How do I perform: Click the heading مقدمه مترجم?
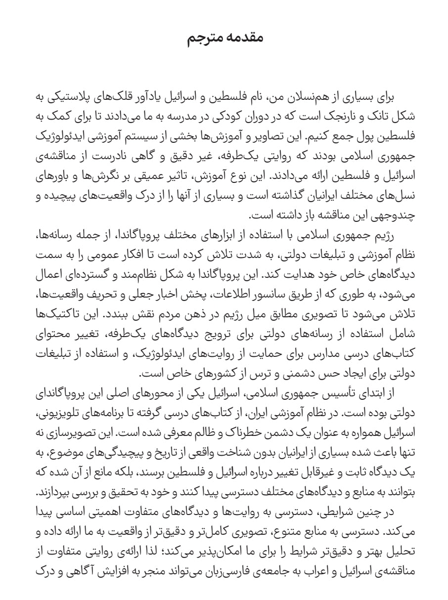pyautogui.click(x=224, y=38)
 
